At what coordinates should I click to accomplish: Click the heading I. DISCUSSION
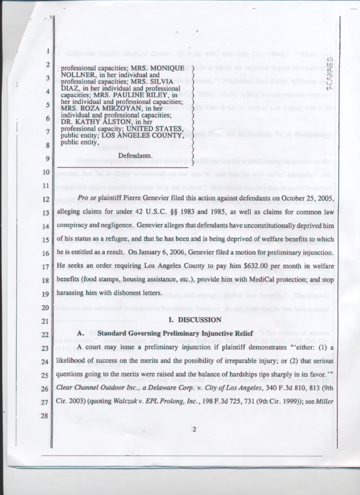pyautogui.click(x=195, y=320)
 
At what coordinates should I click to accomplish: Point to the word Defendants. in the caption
pyautogui.click(x=135, y=155)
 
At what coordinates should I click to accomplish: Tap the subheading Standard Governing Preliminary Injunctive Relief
pyautogui.click(x=173, y=333)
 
